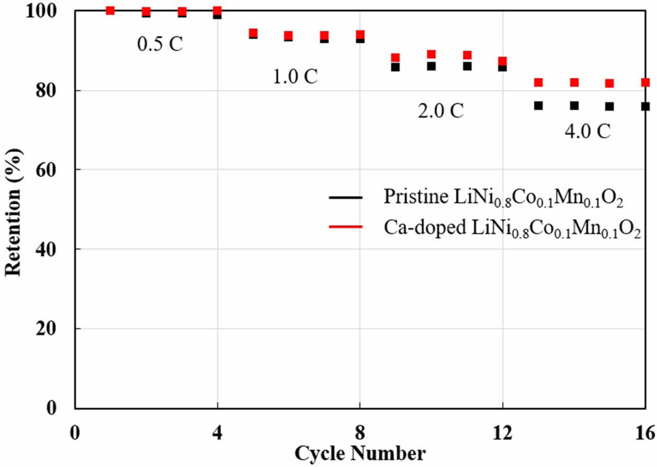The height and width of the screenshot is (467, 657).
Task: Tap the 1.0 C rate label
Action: click(295, 77)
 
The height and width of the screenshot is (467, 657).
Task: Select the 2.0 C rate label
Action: click(440, 112)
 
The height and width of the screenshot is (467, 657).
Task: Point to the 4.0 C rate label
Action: click(587, 131)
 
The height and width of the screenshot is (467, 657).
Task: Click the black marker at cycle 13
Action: click(539, 105)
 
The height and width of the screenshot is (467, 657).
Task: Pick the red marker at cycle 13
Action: click(539, 82)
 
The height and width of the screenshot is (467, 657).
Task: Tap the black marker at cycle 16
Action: click(646, 106)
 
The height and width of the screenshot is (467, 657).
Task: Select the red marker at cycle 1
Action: click(110, 10)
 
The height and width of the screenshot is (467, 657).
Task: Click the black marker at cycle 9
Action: click(395, 67)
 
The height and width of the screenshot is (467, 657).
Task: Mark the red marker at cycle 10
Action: click(431, 54)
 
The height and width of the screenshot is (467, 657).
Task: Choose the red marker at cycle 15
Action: click(610, 83)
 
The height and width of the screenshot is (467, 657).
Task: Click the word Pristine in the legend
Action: click(408, 196)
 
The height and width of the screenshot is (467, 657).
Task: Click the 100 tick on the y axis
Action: click(54, 11)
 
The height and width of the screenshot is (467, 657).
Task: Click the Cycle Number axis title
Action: click(360, 452)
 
